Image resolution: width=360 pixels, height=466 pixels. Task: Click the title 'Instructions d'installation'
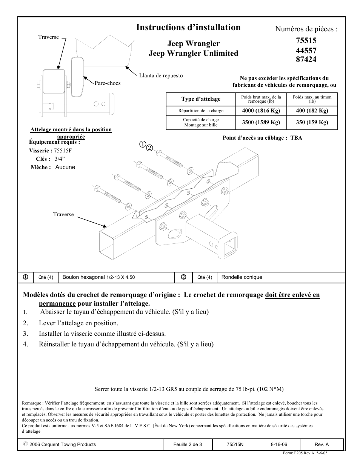(188, 28)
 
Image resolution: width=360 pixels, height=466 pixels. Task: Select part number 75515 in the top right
(306, 41)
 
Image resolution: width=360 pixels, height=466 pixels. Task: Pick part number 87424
(306, 59)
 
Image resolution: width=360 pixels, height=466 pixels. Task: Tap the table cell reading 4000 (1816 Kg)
(261, 111)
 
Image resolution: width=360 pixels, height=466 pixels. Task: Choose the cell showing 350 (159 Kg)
(312, 122)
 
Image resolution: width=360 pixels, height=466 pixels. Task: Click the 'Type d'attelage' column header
(201, 99)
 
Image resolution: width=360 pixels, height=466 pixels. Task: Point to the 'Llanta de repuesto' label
(161, 75)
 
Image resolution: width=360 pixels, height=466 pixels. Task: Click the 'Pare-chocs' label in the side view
(108, 83)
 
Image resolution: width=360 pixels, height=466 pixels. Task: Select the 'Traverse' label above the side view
(49, 37)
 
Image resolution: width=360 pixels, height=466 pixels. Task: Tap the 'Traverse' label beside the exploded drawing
(63, 214)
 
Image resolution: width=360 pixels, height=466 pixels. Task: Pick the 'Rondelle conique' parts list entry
(242, 277)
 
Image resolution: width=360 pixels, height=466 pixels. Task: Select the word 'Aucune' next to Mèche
(65, 167)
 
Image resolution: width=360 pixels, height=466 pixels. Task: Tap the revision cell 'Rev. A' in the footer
(322, 444)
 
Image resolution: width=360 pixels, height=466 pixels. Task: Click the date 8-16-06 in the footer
(278, 444)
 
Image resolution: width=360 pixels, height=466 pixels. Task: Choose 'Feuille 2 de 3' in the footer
(188, 444)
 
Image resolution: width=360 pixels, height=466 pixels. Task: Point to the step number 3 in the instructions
(26, 334)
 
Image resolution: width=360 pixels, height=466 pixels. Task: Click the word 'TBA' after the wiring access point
(296, 138)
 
